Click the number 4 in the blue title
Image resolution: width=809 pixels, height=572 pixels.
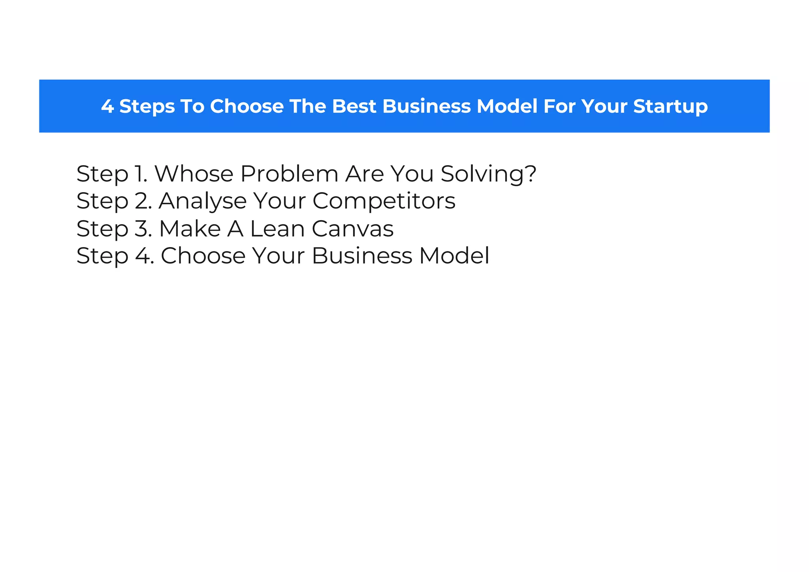(107, 106)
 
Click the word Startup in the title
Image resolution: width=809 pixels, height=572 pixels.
(670, 106)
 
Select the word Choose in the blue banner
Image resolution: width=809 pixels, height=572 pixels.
(247, 106)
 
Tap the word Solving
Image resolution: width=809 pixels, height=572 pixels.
(483, 174)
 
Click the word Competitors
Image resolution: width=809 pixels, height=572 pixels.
(384, 201)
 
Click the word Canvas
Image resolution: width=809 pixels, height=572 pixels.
(352, 228)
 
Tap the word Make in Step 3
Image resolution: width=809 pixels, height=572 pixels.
(190, 228)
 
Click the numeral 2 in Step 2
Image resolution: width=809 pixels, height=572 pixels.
(141, 201)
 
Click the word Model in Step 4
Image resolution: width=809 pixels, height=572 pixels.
(454, 256)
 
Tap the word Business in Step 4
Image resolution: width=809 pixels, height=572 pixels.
(362, 256)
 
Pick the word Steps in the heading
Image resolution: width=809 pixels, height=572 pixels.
(147, 106)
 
